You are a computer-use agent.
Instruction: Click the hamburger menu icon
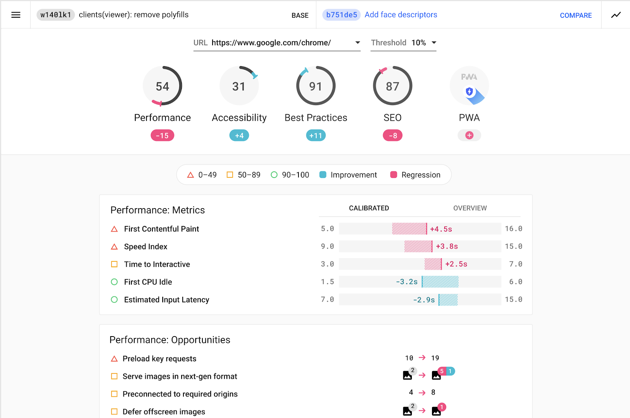[x=16, y=15]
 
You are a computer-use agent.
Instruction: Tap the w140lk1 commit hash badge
[x=56, y=15]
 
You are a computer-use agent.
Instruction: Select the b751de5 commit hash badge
[x=341, y=15]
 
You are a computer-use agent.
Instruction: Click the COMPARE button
[x=576, y=15]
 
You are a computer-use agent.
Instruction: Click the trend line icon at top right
[x=616, y=15]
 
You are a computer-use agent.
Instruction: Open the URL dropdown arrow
[x=358, y=43]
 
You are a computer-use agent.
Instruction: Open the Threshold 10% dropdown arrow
[x=434, y=43]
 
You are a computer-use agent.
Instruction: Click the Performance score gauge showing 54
[x=162, y=86]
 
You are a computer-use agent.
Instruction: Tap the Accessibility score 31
[x=239, y=86]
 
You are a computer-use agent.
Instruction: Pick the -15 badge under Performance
[x=162, y=135]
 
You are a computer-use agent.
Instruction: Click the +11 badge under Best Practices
[x=316, y=135]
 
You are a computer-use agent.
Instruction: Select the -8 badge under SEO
[x=393, y=135]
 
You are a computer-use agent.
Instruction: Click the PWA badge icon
[x=469, y=86]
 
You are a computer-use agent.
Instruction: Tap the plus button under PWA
[x=469, y=135]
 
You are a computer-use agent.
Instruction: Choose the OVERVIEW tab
[x=470, y=208]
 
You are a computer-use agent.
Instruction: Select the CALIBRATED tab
[x=369, y=208]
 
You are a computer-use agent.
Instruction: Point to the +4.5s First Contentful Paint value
[x=441, y=229]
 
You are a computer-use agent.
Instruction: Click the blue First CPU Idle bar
[x=440, y=282]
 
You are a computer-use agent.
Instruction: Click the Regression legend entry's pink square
[x=393, y=175]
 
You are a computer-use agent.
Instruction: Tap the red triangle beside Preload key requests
[x=114, y=359]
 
